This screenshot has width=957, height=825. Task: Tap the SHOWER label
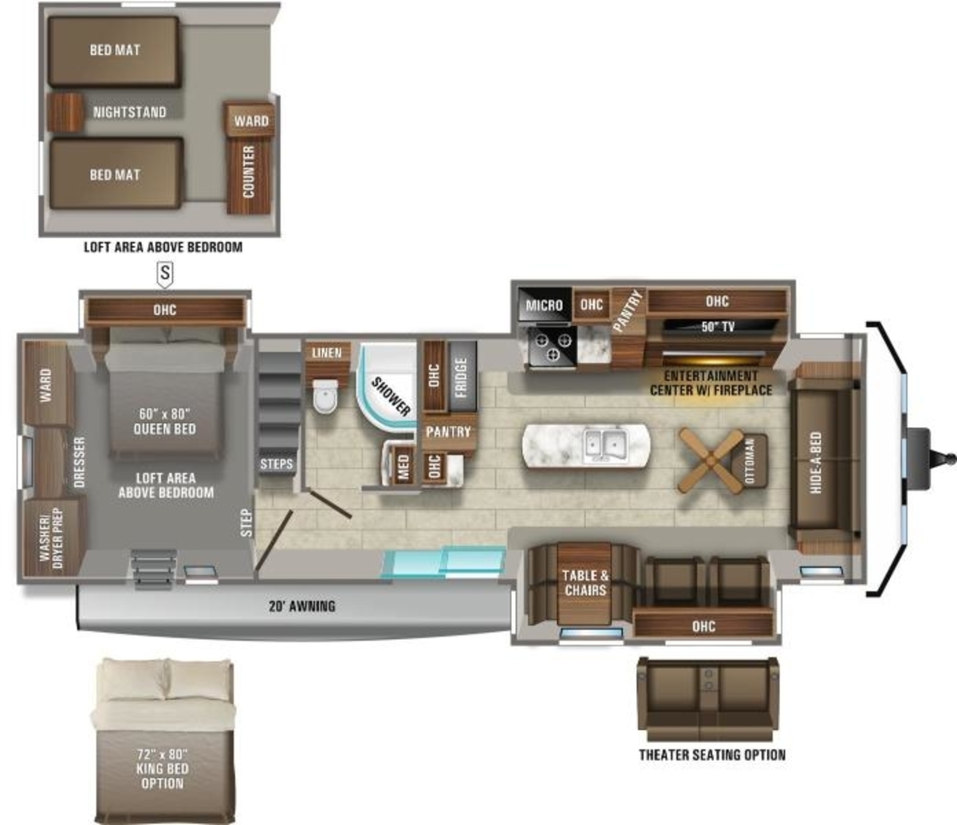click(x=392, y=397)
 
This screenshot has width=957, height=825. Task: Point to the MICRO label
click(x=544, y=306)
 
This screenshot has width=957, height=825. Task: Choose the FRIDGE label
click(x=461, y=377)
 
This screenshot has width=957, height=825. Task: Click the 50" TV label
click(x=718, y=326)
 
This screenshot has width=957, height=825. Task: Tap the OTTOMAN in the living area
click(x=750, y=461)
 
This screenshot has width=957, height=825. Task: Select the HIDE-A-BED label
click(x=817, y=463)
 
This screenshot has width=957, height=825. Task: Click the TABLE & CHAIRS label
click(x=585, y=583)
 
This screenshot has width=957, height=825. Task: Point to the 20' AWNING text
click(x=302, y=606)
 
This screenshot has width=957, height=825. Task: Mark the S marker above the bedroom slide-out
click(x=165, y=274)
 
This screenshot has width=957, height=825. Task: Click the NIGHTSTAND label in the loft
click(x=130, y=112)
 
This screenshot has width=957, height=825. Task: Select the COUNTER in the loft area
click(x=249, y=177)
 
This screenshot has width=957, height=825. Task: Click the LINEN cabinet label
click(x=326, y=353)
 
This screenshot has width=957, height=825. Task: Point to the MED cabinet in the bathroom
click(x=404, y=466)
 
